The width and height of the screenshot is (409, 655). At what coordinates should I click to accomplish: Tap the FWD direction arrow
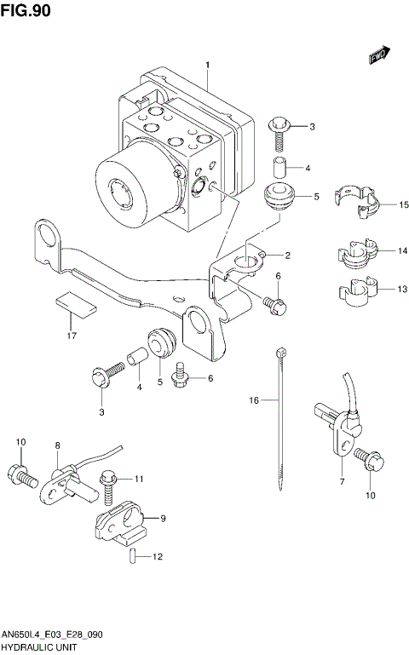coord(379,56)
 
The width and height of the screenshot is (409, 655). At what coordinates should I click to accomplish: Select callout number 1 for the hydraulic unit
coord(207,64)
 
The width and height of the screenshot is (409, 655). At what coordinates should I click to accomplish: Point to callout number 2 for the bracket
coord(287,256)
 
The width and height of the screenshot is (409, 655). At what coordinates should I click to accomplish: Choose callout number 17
coord(72,336)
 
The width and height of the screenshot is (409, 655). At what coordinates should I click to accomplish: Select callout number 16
coord(253,399)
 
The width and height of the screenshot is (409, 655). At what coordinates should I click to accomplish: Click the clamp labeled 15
coord(360,204)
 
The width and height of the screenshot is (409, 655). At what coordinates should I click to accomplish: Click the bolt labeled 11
coord(107,484)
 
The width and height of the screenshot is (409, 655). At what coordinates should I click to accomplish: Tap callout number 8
coord(58,445)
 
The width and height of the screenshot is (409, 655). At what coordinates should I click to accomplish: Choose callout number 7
coord(341,481)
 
